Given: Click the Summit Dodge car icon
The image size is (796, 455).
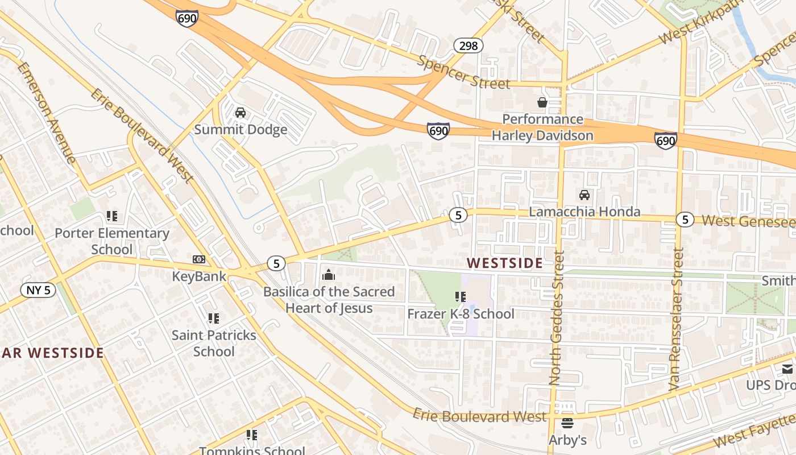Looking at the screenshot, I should pos(241,113).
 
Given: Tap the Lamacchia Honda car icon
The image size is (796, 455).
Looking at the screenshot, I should pos(584,195).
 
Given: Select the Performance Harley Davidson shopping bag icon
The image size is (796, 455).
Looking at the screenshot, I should pos(542,102).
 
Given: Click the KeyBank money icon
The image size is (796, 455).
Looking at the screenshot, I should pos(199,259).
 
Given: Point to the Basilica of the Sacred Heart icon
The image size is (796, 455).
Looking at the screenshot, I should pos(328,275).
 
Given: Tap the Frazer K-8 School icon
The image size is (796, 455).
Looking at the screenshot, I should pos(461,297).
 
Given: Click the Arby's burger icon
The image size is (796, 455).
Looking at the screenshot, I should pos(567,423).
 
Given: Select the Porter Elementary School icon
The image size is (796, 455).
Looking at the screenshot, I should pos(112,216).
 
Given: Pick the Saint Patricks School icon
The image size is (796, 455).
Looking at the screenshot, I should pos(213,318).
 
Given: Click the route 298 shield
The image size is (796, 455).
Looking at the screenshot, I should pos(469,45).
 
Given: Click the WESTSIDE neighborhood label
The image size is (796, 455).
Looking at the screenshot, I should pos(504,263).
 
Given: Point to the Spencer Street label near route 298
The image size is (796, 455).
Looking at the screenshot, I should pos(463,73).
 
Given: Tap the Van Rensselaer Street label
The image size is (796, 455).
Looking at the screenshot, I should pos(675,318).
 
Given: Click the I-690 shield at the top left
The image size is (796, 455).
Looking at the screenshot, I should pos(187,18).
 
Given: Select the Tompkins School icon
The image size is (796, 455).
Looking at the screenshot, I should pos(252,435).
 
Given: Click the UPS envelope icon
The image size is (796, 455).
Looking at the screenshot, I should pos(787,369).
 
